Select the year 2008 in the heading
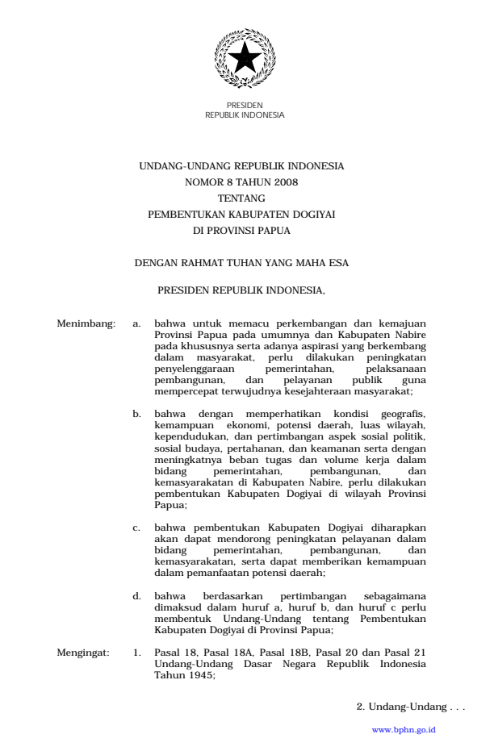click(285, 182)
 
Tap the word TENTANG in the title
click(241, 198)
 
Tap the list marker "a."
click(137, 323)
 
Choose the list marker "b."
click(137, 413)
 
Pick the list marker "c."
click(137, 528)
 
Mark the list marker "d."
click(137, 596)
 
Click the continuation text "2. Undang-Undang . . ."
click(411, 707)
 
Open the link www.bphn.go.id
click(404, 729)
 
